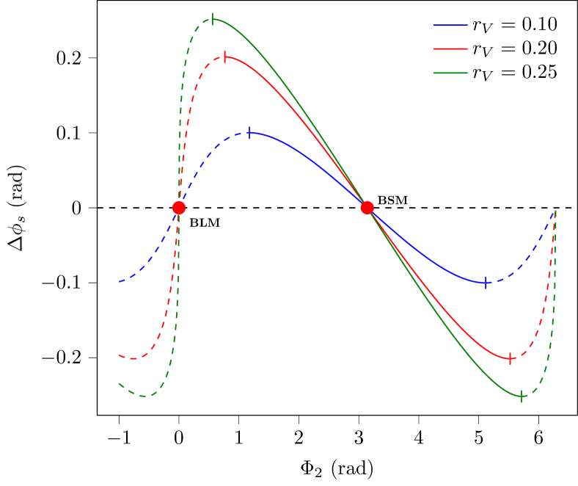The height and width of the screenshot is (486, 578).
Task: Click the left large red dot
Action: click(x=178, y=208)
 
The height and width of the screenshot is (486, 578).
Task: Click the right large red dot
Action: click(x=367, y=208)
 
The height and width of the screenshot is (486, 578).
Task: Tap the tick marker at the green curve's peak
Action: click(x=213, y=19)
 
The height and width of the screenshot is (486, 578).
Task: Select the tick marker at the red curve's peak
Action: click(x=224, y=57)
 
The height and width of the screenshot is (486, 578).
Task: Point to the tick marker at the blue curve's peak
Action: click(x=249, y=133)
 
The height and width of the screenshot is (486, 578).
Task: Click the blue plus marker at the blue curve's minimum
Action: click(x=486, y=283)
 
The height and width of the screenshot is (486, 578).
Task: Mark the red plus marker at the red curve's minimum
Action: click(x=510, y=358)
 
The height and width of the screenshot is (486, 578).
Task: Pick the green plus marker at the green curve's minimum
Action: click(x=522, y=396)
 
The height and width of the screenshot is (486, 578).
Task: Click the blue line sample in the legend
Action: click(x=450, y=25)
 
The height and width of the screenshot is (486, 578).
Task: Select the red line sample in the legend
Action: click(x=450, y=48)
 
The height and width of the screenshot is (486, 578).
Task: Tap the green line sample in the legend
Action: click(x=450, y=72)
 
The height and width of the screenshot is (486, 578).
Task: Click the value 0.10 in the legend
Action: click(x=539, y=24)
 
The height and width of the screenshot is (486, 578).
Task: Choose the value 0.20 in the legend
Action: click(x=539, y=48)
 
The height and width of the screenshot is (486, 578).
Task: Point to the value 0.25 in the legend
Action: click(x=539, y=71)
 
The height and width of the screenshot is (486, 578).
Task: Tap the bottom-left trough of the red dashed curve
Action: click(x=132, y=358)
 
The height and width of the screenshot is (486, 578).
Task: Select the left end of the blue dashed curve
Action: click(x=120, y=282)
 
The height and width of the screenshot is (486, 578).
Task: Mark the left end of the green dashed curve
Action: click(x=120, y=384)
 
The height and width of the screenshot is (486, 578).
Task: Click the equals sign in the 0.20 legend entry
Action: click(x=508, y=48)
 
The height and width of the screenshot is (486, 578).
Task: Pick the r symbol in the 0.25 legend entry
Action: click(x=477, y=73)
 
